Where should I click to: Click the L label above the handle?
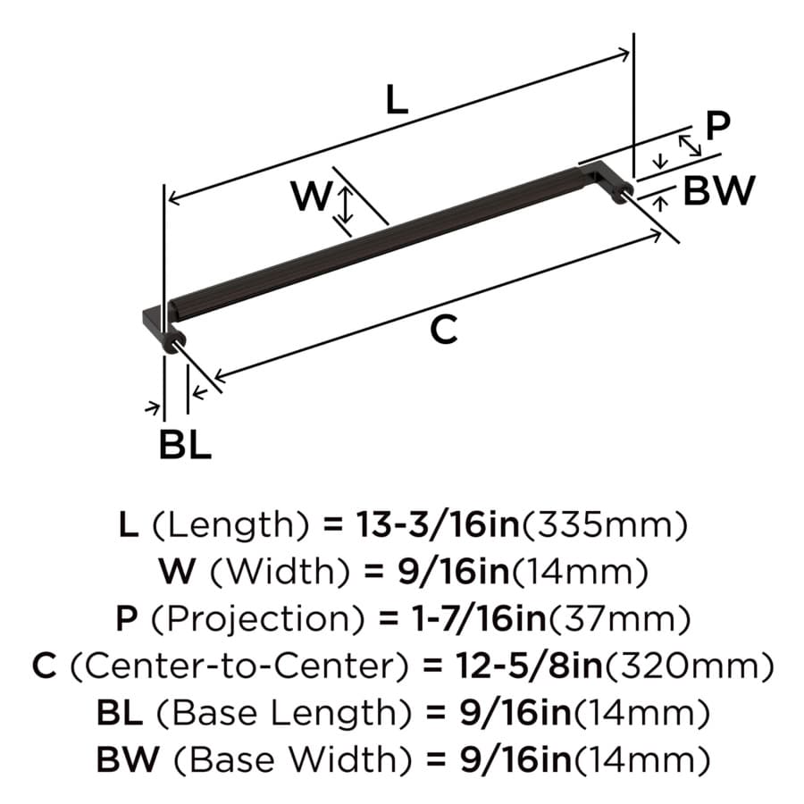point(397,100)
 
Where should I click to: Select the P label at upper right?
point(717,126)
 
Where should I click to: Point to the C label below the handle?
point(443,330)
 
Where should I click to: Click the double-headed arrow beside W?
point(347,205)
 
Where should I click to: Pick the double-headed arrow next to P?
point(690,145)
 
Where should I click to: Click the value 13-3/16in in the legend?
point(438,525)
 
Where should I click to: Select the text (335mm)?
point(604,525)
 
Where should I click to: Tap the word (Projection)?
point(257,619)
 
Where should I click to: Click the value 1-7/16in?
point(480,618)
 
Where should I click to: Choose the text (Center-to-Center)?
point(239,666)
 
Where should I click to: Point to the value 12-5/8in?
point(529,666)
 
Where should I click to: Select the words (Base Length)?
point(284,713)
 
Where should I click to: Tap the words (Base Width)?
point(293,760)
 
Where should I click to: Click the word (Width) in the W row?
point(280,573)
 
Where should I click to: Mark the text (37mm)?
point(620,619)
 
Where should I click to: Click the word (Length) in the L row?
point(231,525)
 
